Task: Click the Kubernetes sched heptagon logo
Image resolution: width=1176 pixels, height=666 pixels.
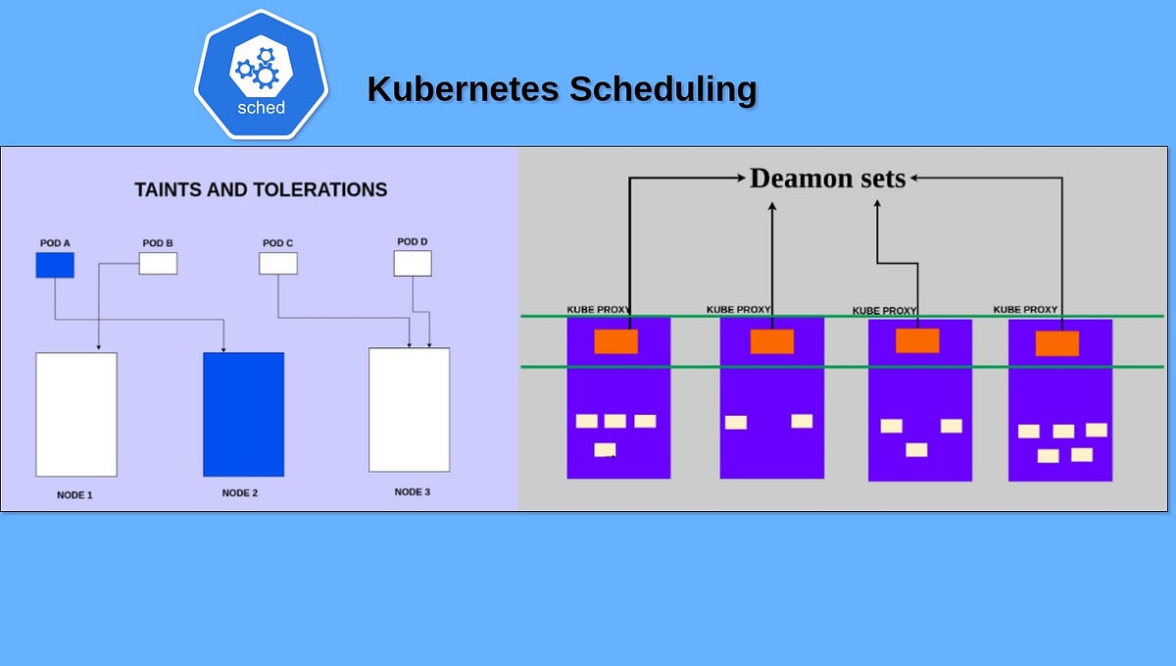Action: coord(261,76)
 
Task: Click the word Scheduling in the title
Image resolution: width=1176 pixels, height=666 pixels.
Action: coord(662,89)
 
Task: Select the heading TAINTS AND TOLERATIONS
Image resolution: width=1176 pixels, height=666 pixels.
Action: coord(261,190)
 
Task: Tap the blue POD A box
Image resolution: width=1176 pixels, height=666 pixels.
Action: coord(55,265)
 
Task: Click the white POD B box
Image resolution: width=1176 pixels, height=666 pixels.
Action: coord(158,263)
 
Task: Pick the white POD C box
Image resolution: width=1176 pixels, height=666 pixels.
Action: coord(278,263)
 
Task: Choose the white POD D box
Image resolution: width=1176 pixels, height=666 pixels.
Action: coord(413,263)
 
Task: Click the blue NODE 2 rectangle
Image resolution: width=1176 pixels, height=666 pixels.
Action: coord(243,414)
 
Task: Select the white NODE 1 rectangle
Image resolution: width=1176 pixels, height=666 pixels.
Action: coord(76,414)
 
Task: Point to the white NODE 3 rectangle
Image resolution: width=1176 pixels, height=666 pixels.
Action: coord(409,409)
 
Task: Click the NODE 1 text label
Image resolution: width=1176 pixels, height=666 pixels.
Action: coord(74,495)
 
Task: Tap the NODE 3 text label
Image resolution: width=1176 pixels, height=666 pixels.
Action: coord(413,492)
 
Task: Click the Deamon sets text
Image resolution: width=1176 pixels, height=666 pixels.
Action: coord(828,179)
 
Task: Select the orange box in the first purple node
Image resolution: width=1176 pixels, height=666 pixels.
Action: coord(616,341)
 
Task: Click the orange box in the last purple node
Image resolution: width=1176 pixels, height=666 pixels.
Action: coord(1057,343)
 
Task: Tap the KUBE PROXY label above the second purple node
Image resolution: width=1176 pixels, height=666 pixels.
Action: coord(740,310)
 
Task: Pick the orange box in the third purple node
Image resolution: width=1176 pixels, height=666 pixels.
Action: coord(917,340)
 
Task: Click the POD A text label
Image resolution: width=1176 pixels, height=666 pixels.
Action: coord(55,242)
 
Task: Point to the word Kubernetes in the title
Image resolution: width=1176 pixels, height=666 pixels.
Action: coord(464,89)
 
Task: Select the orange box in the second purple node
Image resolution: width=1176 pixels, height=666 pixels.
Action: coord(772,341)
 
